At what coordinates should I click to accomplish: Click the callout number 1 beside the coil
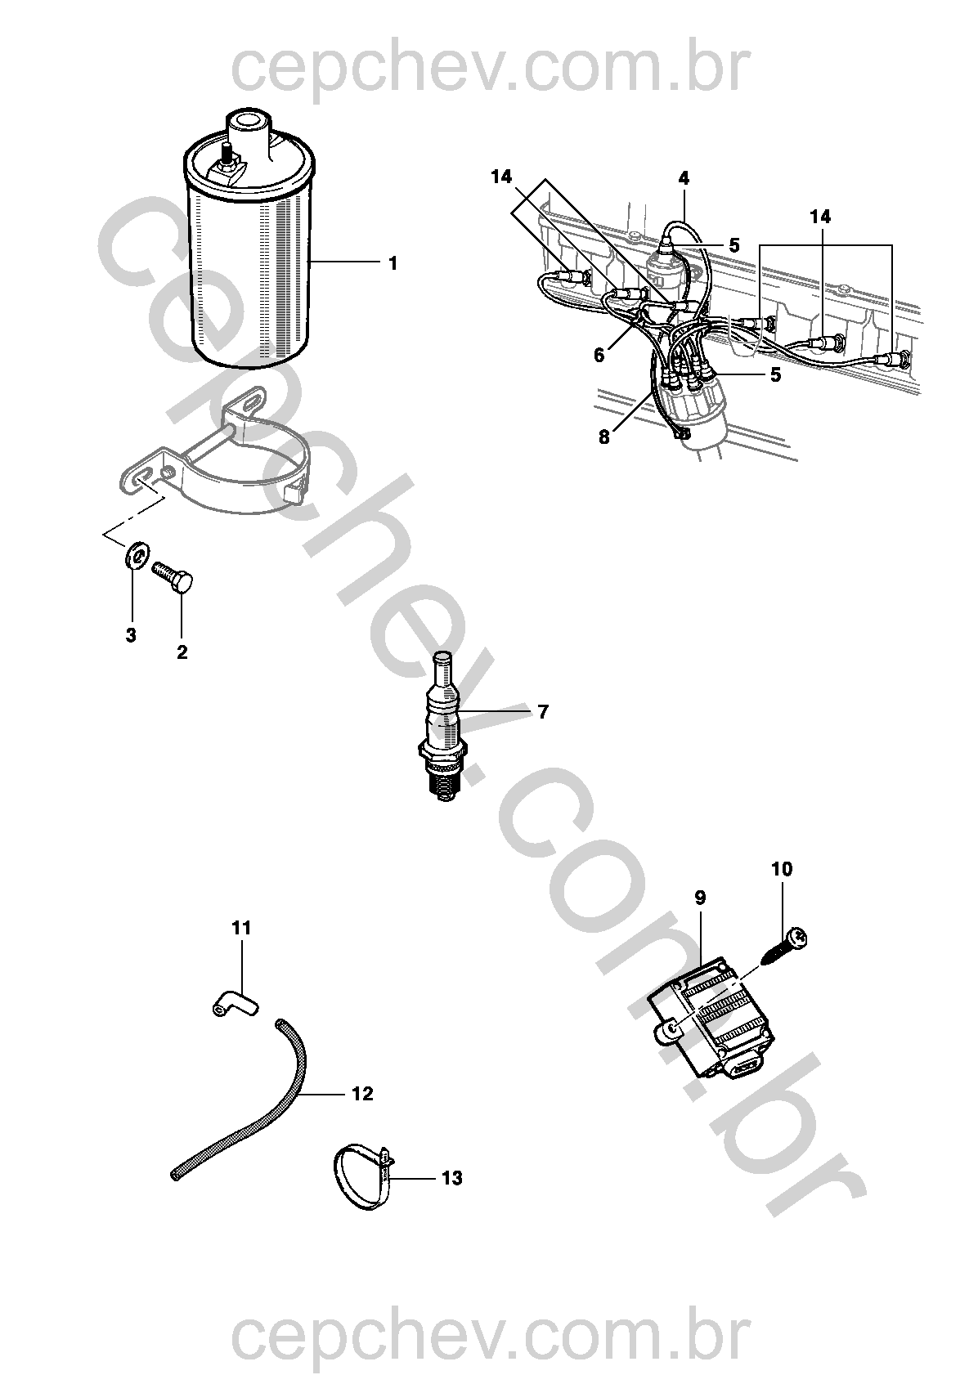pyautogui.click(x=393, y=263)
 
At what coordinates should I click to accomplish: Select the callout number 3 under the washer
pyautogui.click(x=131, y=635)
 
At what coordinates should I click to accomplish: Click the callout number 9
pyautogui.click(x=700, y=898)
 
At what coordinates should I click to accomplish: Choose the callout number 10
pyautogui.click(x=782, y=869)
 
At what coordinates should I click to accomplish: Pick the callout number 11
pyautogui.click(x=241, y=928)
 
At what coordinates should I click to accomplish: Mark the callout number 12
pyautogui.click(x=362, y=1094)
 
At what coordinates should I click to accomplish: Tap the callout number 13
pyautogui.click(x=451, y=1178)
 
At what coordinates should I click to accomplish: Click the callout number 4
pyautogui.click(x=684, y=177)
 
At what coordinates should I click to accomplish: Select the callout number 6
pyautogui.click(x=599, y=355)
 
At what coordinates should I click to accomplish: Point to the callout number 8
pyautogui.click(x=603, y=437)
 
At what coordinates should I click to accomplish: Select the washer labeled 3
pyautogui.click(x=136, y=558)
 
